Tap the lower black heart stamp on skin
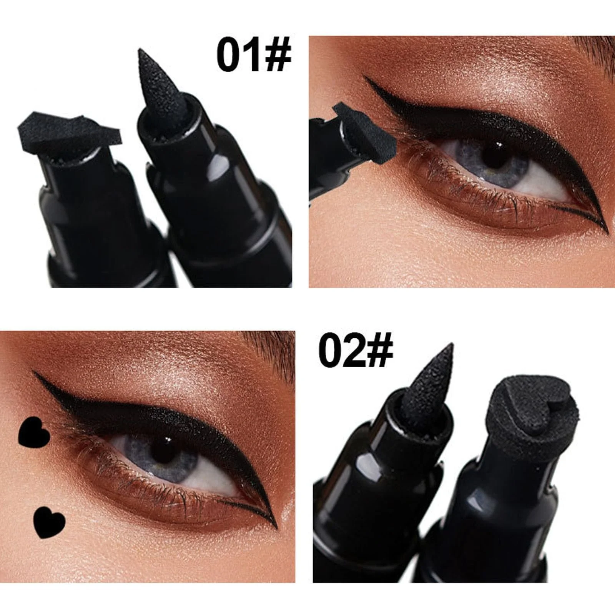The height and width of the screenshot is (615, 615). pos(50,521)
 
